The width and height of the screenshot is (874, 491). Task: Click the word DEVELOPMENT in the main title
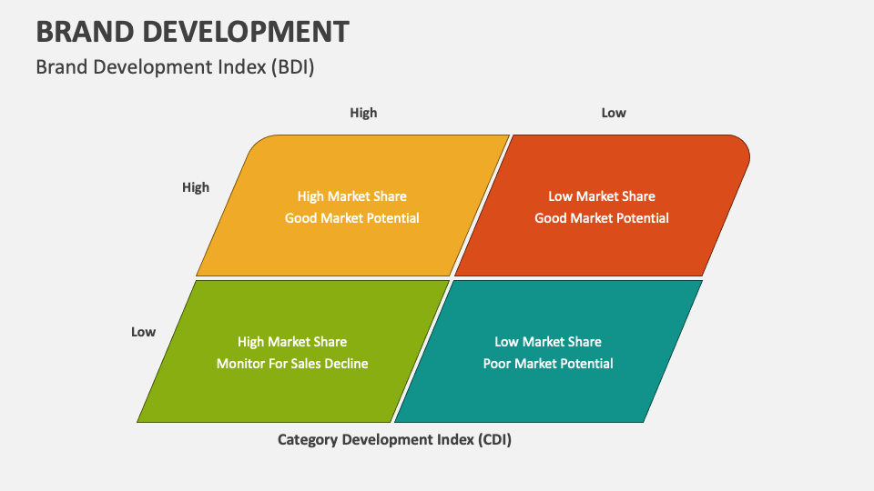pyautogui.click(x=250, y=31)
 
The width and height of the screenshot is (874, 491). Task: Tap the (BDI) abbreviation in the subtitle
pyautogui.click(x=292, y=66)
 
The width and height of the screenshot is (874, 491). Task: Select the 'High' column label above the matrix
pyautogui.click(x=363, y=113)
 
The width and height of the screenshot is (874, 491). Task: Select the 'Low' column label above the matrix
pyautogui.click(x=614, y=113)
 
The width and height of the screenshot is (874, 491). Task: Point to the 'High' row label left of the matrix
pyautogui.click(x=196, y=187)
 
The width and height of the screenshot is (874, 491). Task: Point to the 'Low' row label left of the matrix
pyautogui.click(x=143, y=332)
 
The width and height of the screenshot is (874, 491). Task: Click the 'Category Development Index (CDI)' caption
pyautogui.click(x=394, y=440)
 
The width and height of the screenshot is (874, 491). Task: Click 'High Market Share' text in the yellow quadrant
pyautogui.click(x=352, y=196)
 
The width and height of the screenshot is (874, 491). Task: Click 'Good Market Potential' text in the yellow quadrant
pyautogui.click(x=352, y=218)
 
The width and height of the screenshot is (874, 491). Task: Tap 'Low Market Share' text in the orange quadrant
pyautogui.click(x=602, y=196)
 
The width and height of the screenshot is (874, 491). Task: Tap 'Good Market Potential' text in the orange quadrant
pyautogui.click(x=602, y=218)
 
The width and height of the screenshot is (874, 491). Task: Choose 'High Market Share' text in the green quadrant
pyautogui.click(x=292, y=342)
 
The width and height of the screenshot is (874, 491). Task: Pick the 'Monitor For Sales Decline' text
pyautogui.click(x=292, y=364)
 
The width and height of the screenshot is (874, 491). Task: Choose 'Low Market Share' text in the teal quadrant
pyautogui.click(x=548, y=342)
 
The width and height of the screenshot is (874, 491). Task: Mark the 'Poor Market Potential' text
pyautogui.click(x=548, y=364)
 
